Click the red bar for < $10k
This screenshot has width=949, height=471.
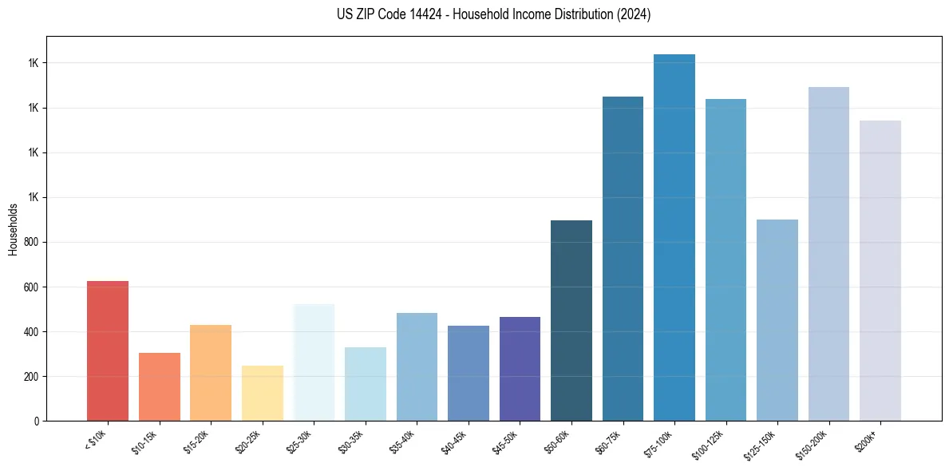[108, 351]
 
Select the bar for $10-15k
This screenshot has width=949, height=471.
[160, 387]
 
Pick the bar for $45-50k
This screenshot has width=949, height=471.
[520, 369]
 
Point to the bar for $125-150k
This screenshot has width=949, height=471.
[777, 320]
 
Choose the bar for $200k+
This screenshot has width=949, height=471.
[880, 271]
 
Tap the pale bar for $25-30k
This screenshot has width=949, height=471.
[314, 362]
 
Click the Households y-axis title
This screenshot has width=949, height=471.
[13, 229]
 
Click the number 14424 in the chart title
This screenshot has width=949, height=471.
[427, 15]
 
